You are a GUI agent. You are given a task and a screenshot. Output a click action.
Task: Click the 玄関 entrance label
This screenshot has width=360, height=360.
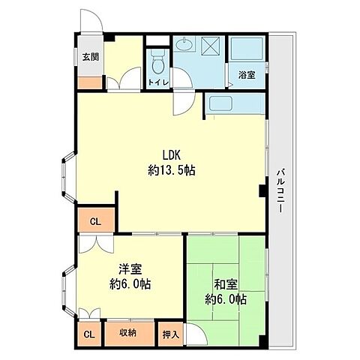91,57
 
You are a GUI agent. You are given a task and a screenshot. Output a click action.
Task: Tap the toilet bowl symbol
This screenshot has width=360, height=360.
158,62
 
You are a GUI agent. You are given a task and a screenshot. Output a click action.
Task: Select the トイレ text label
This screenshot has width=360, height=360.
158,82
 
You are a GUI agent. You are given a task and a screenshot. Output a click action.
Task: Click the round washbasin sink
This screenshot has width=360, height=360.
184,45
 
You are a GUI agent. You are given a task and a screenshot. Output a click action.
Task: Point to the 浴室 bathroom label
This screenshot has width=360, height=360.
247,75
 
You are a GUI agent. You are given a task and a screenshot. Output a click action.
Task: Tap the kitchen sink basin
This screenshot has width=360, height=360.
220,103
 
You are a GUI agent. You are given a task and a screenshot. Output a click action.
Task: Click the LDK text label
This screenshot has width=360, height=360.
172,155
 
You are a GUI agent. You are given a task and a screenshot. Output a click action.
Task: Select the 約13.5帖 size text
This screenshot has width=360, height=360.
172,170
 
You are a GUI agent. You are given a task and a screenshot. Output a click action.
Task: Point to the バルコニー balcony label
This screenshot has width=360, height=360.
281,191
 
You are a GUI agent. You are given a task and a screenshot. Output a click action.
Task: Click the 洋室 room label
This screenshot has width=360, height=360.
130,269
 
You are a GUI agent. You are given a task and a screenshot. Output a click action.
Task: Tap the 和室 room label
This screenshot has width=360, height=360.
226,284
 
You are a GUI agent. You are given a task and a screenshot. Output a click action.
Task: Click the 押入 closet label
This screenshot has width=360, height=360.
171,334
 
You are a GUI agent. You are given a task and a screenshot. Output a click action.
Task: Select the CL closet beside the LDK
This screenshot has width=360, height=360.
95,221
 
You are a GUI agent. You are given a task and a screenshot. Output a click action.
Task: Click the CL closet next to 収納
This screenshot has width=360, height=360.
89,334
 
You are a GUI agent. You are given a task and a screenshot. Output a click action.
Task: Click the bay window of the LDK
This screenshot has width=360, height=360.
68,177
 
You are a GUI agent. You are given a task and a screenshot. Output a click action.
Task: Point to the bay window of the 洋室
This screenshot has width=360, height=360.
68,291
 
